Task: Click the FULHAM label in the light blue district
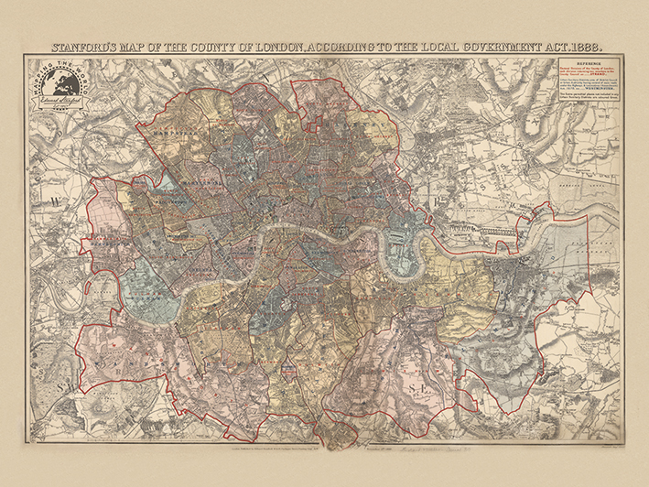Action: [x=145, y=293]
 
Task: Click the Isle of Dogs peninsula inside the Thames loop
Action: [x=400, y=259]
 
